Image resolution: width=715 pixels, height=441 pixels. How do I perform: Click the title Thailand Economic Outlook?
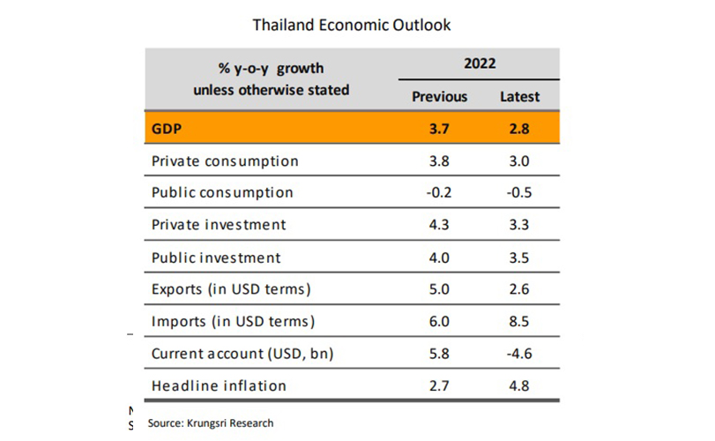[x=352, y=25]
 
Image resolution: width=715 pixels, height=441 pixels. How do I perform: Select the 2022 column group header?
[x=479, y=64]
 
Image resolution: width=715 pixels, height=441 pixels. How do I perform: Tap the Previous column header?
[x=439, y=96]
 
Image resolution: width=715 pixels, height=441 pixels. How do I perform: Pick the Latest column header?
[x=519, y=96]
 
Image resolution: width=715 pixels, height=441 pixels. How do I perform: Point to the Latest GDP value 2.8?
[x=519, y=129]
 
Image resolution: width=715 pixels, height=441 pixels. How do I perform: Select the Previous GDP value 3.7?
[x=439, y=129]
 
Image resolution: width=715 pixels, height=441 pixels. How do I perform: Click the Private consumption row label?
[x=225, y=161]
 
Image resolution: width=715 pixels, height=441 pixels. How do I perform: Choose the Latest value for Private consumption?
[x=519, y=161]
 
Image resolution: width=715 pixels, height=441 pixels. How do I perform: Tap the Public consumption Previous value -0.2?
[x=438, y=192]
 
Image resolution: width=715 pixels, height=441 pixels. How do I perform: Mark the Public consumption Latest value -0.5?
[x=518, y=192]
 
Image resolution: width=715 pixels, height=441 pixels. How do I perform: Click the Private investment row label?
[x=219, y=225]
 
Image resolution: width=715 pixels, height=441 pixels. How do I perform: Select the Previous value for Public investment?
[x=439, y=258]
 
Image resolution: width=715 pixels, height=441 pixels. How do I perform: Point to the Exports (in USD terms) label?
[x=232, y=289]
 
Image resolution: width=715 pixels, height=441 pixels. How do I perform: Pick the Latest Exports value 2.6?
[x=519, y=289]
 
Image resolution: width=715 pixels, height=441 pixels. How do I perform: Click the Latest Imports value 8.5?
[x=519, y=322]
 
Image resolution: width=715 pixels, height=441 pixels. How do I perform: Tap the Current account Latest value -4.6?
[x=518, y=354]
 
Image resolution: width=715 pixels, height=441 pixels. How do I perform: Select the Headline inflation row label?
[x=219, y=385]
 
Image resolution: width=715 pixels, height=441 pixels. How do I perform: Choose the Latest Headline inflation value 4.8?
[x=519, y=385]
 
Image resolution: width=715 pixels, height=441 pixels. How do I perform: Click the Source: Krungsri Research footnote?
[x=210, y=423]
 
